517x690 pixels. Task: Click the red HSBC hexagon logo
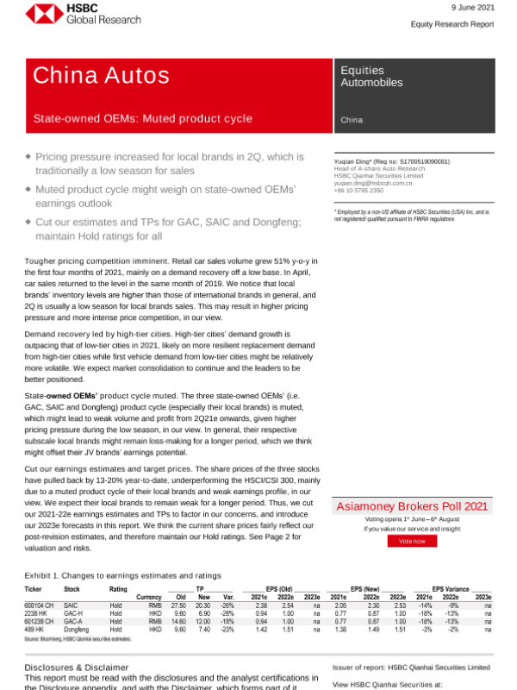39,14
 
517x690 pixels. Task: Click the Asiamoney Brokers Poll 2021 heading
412,506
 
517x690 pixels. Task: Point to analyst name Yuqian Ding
358,161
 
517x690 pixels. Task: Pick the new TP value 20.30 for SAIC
203,605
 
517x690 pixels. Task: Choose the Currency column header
151,597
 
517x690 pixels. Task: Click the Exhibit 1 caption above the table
122,575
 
